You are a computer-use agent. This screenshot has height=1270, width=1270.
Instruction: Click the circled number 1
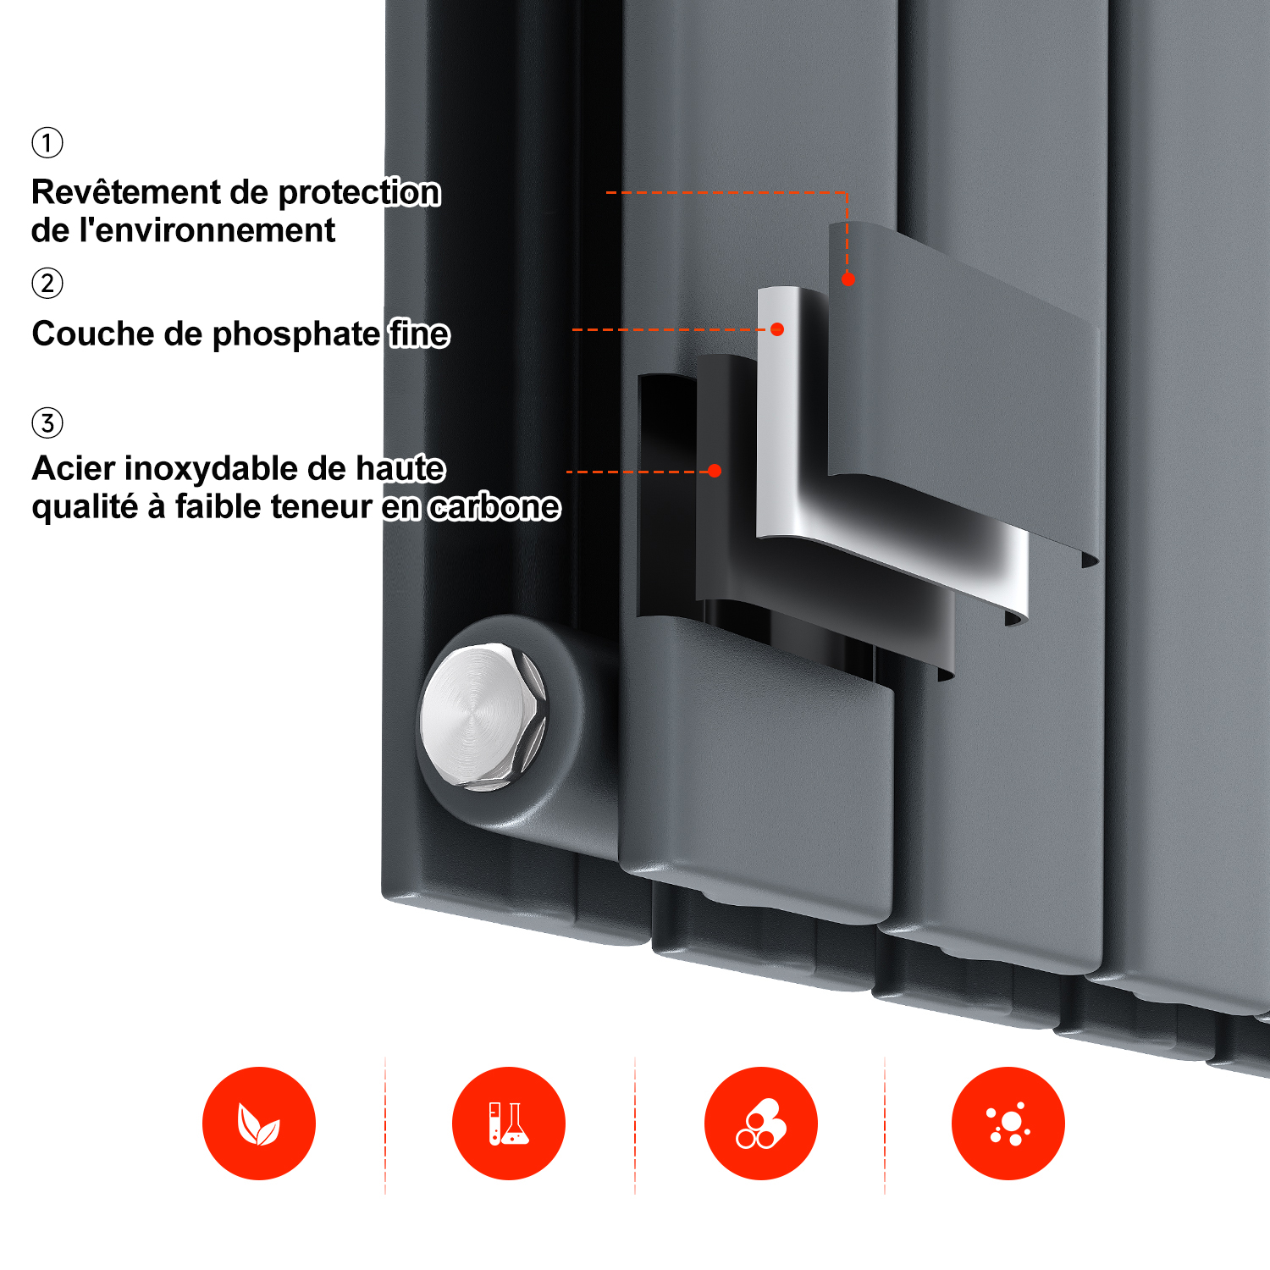47,142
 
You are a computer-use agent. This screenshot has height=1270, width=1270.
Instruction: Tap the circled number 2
47,283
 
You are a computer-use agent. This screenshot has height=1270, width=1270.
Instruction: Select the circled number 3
47,422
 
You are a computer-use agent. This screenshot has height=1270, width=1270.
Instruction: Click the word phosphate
295,335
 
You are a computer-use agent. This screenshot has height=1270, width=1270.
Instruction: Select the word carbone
494,507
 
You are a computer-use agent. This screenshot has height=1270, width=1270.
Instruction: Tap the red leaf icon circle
259,1124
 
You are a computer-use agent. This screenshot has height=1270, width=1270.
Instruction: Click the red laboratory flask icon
509,1124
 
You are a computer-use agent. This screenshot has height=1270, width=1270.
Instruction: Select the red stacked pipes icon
761,1124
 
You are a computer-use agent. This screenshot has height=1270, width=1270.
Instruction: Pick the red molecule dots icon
1008,1124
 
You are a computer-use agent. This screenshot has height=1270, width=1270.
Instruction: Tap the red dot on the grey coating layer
848,279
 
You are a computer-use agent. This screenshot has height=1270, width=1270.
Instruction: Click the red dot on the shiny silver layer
777,329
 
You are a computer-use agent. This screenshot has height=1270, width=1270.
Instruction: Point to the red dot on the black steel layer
715,471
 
